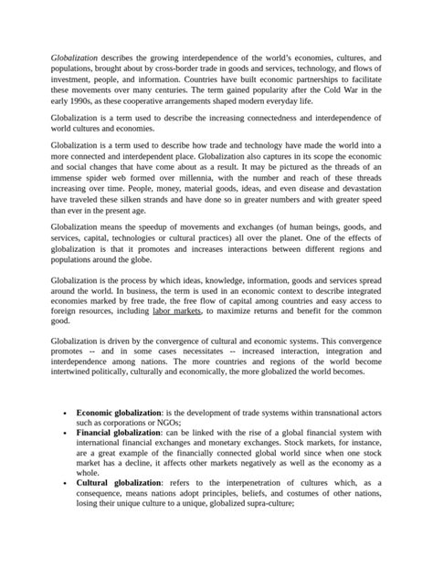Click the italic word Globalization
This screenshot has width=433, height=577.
pyautogui.click(x=74, y=57)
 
